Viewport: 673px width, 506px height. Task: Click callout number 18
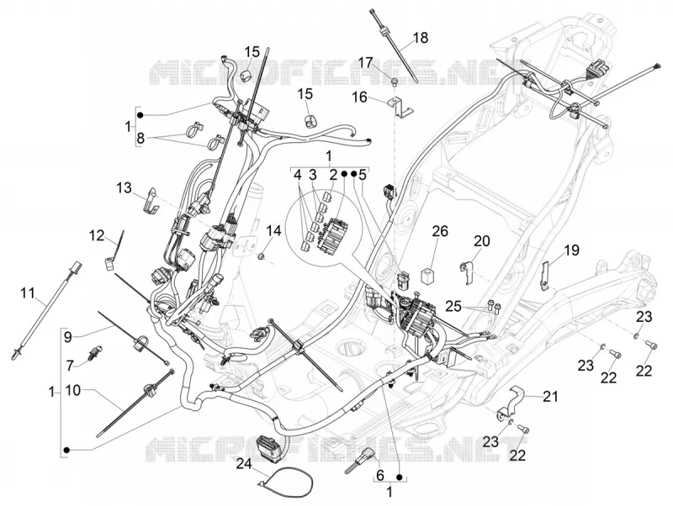[421, 38]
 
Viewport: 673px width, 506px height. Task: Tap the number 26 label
[440, 231]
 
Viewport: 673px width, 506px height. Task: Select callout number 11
[28, 293]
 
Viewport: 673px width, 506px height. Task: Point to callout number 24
[244, 463]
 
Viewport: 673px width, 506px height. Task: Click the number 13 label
[124, 187]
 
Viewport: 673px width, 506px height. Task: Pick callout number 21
[550, 397]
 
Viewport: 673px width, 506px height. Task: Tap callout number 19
[571, 250]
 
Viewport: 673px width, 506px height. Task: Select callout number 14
[273, 231]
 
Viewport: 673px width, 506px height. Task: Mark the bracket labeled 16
[401, 108]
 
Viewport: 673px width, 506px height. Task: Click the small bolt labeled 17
[395, 80]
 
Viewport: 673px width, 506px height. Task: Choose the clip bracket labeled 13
[151, 201]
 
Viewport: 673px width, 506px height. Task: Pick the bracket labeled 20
[467, 271]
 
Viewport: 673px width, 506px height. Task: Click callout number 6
[380, 475]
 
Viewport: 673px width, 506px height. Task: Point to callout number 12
[98, 236]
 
